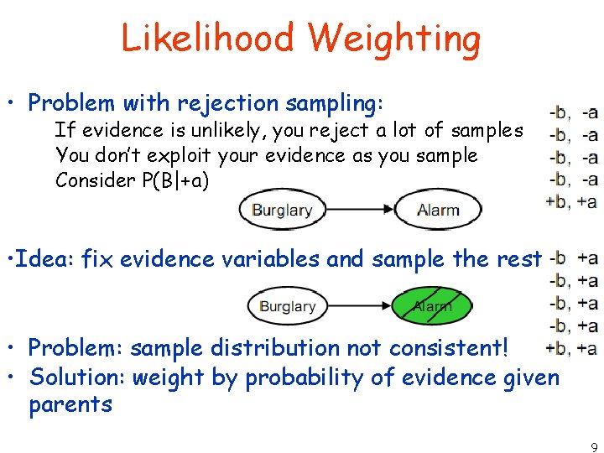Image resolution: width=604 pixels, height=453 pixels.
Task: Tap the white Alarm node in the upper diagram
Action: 438,210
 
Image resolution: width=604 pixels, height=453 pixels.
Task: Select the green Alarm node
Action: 432,306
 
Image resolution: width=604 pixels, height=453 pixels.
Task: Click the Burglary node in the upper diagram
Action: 283,210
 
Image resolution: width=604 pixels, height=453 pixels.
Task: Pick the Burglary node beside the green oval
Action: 287,306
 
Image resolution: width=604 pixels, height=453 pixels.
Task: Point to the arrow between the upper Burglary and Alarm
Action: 360,210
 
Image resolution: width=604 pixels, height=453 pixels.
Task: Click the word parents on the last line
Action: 70,404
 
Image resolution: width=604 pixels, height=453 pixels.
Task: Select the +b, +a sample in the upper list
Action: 571,201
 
